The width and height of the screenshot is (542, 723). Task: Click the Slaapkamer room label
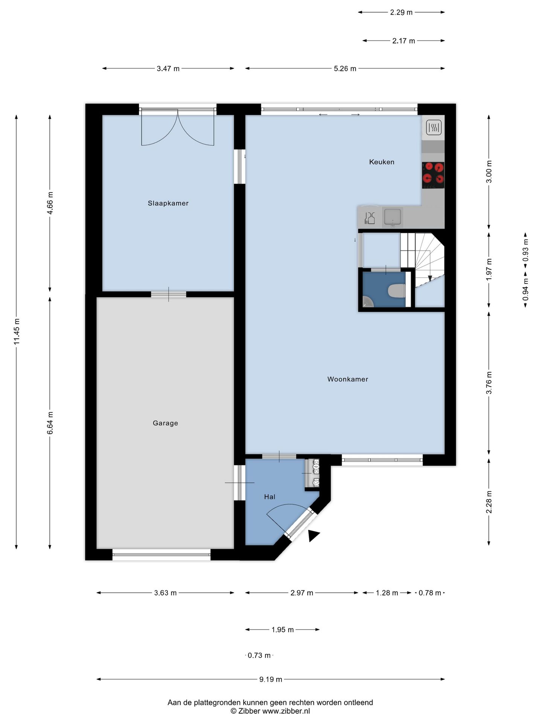(168, 203)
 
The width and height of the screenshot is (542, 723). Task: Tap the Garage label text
(165, 423)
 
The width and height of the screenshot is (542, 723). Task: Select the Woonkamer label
(348, 379)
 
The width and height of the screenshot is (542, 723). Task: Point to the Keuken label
(382, 162)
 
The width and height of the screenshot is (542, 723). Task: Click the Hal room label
(269, 497)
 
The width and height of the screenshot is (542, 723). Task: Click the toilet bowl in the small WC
(397, 291)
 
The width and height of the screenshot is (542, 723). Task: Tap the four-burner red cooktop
(433, 175)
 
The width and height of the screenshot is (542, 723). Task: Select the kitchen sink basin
(392, 217)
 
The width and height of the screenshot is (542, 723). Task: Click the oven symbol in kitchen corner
(434, 128)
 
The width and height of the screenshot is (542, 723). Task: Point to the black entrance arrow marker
(313, 535)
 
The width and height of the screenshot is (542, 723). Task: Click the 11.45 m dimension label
(17, 331)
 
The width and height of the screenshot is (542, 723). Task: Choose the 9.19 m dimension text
(271, 679)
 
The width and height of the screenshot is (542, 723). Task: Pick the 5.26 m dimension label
(345, 69)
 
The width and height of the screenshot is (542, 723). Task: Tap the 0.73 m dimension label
(259, 655)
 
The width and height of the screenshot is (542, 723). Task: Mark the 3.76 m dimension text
(489, 383)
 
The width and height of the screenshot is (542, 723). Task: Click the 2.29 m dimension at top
(401, 12)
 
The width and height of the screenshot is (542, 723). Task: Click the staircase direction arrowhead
(429, 279)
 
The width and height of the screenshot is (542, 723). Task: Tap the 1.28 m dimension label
(387, 593)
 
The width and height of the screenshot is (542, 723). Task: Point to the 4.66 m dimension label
(50, 203)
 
